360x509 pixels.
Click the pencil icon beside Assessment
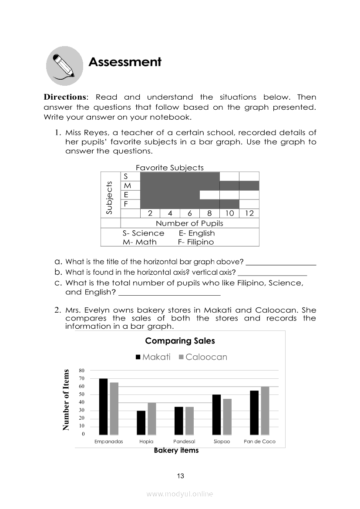[64, 66]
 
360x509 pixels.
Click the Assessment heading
[125, 62]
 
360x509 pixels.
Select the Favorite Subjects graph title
[169, 168]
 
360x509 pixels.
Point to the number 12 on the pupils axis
[249, 213]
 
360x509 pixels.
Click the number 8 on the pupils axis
[209, 213]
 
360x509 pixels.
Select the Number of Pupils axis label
[189, 223]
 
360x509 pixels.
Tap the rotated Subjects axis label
[109, 197]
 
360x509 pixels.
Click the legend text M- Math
[139, 242]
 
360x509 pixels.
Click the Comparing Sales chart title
[180, 341]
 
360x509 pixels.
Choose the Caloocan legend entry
[203, 357]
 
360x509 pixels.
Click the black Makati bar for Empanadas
[103, 407]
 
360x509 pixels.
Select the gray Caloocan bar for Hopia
[152, 419]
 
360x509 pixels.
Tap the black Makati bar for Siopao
[216, 415]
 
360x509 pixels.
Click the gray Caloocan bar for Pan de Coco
[265, 411]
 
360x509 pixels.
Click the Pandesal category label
[184, 442]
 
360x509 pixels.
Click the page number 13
[181, 476]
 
